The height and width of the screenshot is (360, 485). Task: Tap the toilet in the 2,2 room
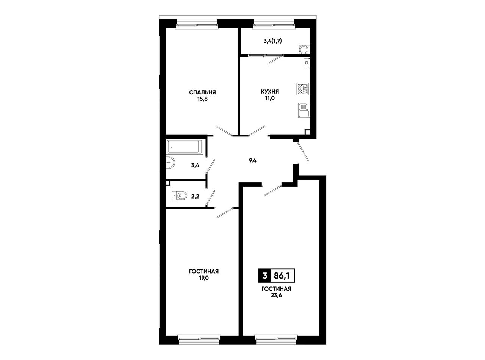pos(179,196)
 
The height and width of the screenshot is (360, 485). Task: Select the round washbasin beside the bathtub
pos(170,163)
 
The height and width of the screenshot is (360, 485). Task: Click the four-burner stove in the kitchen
pos(303,89)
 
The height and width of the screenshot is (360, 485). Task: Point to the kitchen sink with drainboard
pos(304,110)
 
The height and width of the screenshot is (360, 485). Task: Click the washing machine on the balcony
pos(304,49)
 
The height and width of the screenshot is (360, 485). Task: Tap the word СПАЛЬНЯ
pos(202,92)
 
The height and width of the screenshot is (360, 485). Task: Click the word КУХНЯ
pos(270,91)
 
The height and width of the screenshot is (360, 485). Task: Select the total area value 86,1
pos(282,276)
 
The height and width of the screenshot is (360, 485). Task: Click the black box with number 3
pos(264,276)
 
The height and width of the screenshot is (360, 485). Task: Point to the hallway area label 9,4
pos(253,161)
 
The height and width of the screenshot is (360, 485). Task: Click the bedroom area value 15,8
pos(202,99)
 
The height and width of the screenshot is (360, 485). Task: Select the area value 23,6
pos(276,296)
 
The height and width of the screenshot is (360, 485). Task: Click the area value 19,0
pos(204,278)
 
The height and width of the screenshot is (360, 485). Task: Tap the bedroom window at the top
pos(197,24)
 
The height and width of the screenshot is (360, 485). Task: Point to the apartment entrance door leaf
pos(303,151)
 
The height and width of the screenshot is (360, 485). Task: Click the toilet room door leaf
pos(211,198)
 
